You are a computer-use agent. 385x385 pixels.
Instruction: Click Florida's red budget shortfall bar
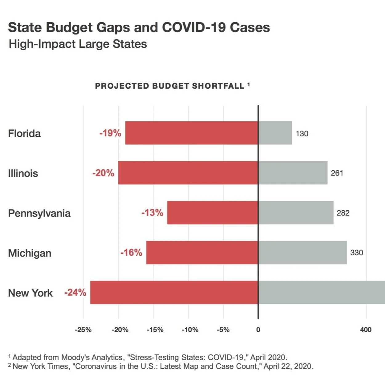point(192,133)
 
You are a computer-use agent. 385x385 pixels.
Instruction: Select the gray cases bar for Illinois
point(293,173)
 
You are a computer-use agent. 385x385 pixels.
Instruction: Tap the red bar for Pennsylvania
point(213,213)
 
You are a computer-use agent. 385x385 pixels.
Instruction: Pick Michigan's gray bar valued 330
point(302,253)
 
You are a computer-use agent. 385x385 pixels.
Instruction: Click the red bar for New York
point(174,292)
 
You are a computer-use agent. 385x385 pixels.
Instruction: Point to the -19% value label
point(110,133)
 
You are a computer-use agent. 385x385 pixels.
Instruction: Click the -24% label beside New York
point(75,292)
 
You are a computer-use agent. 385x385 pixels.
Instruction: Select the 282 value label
point(343,213)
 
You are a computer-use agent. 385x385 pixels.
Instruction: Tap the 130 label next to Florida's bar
point(302,133)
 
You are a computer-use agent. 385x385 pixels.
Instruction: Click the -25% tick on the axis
point(83,330)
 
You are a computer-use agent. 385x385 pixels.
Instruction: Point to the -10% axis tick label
point(190,330)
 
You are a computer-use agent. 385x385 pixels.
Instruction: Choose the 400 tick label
point(366,330)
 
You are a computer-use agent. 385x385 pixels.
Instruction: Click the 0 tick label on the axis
point(258,330)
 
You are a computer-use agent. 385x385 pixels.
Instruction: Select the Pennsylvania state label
point(39,213)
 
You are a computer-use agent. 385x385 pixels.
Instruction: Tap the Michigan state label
point(30,253)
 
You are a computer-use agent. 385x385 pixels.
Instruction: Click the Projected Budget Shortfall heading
point(170,86)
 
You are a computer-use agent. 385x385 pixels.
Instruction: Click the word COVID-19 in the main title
point(194,27)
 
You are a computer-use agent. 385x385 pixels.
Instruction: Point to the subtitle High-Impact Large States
point(78,44)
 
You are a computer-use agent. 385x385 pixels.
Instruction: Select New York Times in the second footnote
point(41,366)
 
